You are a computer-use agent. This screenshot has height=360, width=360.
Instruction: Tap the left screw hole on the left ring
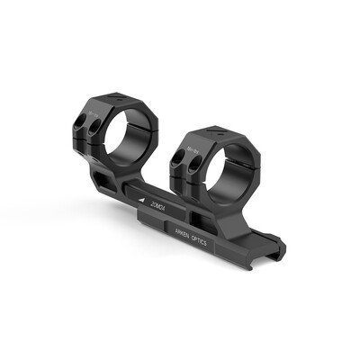click(80, 121)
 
